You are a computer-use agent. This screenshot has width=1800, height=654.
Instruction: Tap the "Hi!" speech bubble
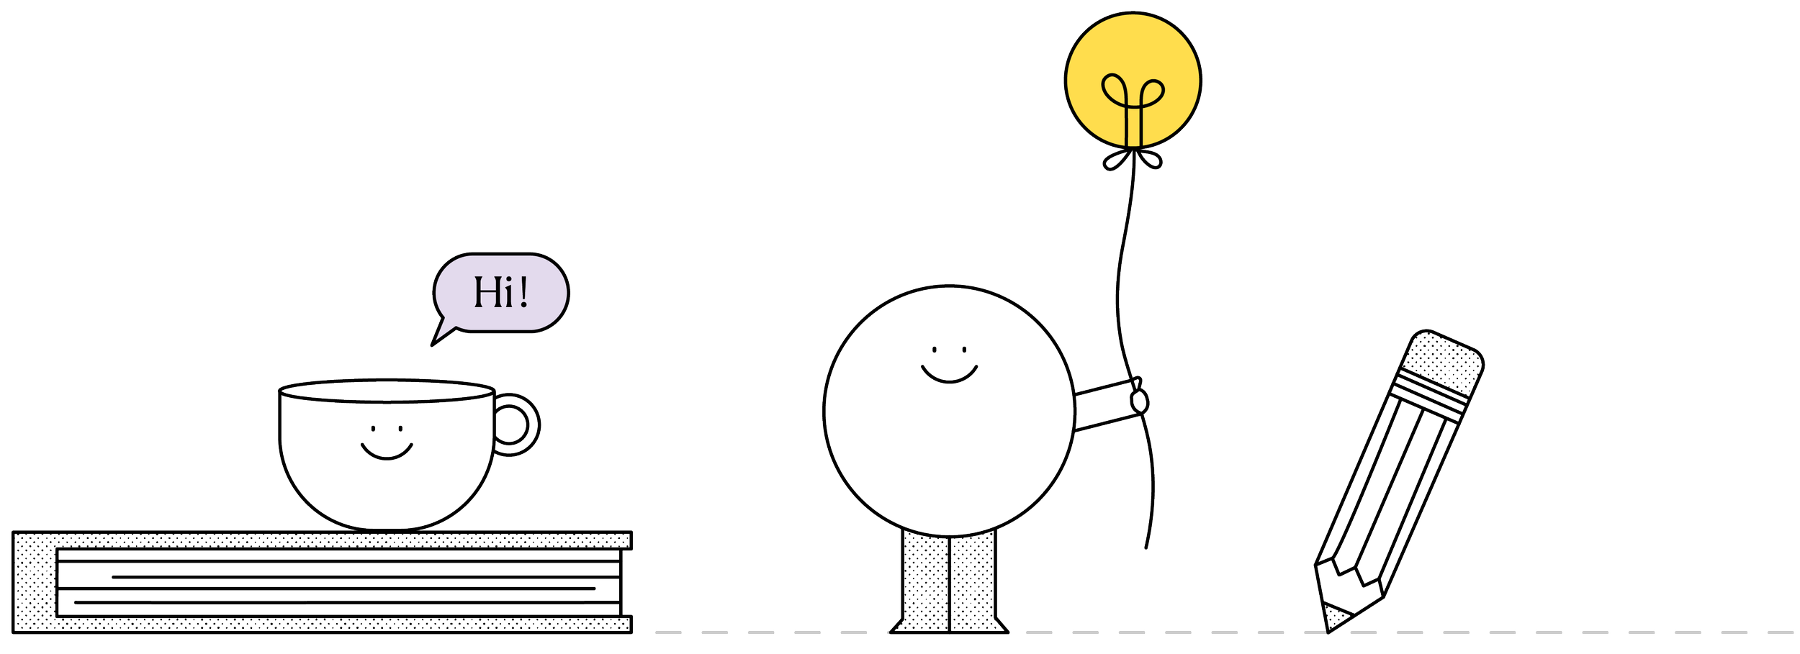coord(501,292)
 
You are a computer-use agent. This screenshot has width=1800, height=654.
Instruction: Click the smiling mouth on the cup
coord(387,452)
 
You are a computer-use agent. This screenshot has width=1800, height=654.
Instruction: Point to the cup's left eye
coord(373,429)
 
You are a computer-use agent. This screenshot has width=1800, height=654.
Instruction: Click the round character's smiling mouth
coord(949,375)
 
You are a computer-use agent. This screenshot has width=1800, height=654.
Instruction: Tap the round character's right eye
coord(964,350)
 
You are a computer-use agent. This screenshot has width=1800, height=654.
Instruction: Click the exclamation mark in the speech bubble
coord(523,291)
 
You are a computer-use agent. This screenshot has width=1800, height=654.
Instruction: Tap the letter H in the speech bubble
coord(485,292)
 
